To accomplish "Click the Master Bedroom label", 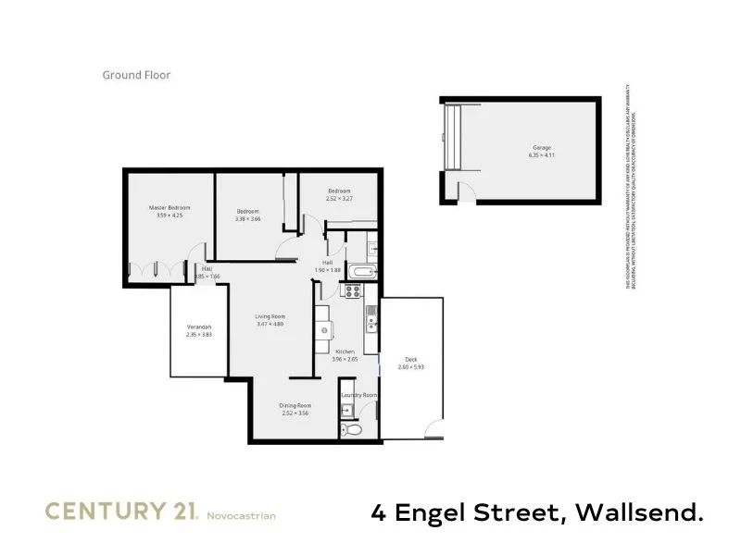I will [170, 208].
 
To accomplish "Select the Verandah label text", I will [199, 328].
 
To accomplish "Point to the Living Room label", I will [270, 317].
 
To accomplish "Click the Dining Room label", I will [295, 405].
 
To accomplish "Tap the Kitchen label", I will [345, 351].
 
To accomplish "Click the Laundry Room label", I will [358, 395].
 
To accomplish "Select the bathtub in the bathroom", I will [360, 272].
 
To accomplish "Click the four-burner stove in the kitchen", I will [352, 290].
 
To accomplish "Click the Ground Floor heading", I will [136, 76].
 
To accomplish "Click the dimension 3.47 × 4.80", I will [270, 325].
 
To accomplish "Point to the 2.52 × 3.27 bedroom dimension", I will [339, 198].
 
